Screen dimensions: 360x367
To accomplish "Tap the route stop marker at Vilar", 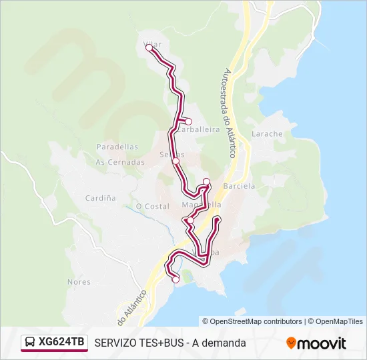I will click(x=149, y=48).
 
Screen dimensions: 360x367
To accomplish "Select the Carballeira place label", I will click(x=199, y=130).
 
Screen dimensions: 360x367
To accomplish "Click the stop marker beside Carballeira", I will click(x=189, y=121).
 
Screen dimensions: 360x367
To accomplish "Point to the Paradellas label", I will click(x=117, y=147).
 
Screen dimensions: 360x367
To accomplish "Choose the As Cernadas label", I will click(x=120, y=162).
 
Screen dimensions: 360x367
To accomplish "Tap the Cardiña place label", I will click(x=101, y=198).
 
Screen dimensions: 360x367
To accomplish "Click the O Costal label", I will click(x=153, y=207).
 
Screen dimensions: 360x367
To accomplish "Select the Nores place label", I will click(x=79, y=282).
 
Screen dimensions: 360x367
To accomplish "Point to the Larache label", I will click(x=267, y=134).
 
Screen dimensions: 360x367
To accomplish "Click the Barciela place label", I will click(x=240, y=187).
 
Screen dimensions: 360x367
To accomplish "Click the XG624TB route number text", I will click(x=61, y=343).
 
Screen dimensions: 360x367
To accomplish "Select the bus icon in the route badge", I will click(x=30, y=343).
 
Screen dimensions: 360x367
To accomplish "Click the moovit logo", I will click(x=316, y=343).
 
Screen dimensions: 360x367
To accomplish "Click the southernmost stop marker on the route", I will click(x=175, y=280).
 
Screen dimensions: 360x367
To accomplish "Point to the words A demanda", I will click(x=220, y=343).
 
